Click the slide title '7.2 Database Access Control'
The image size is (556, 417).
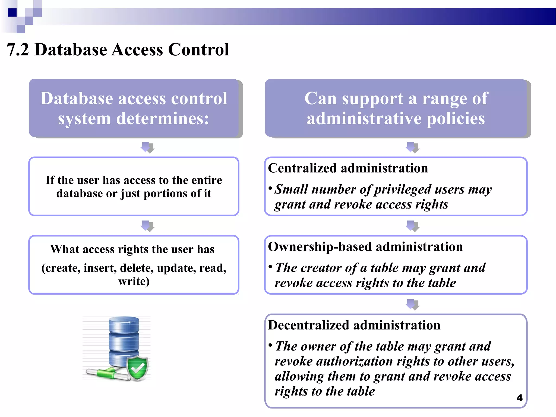point(118,50)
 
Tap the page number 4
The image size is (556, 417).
point(519,398)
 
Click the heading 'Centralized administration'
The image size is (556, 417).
point(348,168)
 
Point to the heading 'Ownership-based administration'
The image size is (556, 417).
point(365,247)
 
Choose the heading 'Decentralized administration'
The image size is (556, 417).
point(354,325)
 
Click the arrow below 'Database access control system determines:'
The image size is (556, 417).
point(147,147)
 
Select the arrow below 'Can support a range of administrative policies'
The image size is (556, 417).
point(412,147)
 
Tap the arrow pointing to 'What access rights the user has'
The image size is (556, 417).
point(147,226)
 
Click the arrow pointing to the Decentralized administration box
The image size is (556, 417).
point(412,304)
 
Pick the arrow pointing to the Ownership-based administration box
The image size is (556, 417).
point(412,226)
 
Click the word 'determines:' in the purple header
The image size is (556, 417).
point(163,119)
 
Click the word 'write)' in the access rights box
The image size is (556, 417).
point(134,281)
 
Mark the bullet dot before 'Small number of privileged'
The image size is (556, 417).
point(270,188)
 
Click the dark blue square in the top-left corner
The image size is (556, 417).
point(12,12)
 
